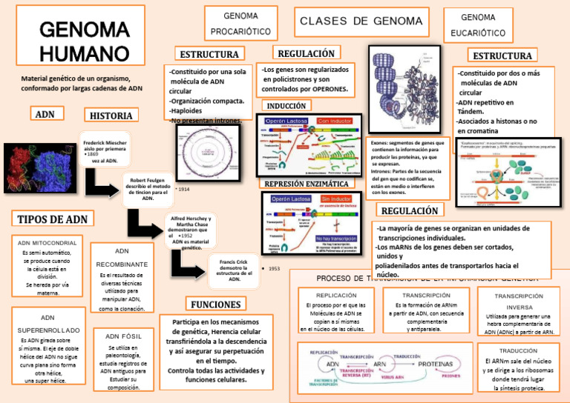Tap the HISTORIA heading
(x=111, y=116)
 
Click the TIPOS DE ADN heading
(x=52, y=219)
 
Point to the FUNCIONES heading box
(x=215, y=304)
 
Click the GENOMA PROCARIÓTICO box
(x=240, y=24)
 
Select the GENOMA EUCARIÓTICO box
(x=478, y=25)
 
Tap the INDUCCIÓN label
(x=286, y=106)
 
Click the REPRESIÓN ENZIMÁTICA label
(x=307, y=183)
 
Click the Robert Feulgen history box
(x=148, y=189)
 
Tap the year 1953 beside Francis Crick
(x=274, y=268)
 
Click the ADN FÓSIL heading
(x=123, y=336)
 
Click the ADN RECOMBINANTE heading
(x=122, y=257)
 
